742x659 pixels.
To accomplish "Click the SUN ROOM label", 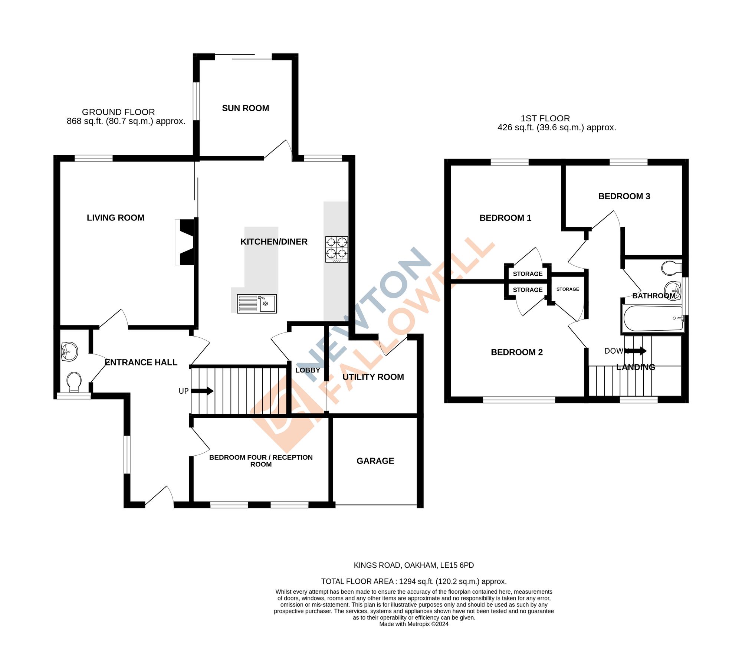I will click(x=245, y=108).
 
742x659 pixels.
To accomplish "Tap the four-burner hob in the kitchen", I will click(x=337, y=249).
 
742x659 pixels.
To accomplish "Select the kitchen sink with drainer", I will click(x=257, y=304).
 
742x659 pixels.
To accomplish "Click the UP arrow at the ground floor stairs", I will click(x=203, y=391).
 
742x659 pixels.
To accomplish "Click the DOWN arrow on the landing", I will click(x=636, y=351).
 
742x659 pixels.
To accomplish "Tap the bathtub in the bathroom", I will click(x=653, y=318).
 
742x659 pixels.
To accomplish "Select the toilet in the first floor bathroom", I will click(x=671, y=268).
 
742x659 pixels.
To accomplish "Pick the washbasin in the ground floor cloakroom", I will click(x=69, y=351).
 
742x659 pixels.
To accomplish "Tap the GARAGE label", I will click(x=375, y=461).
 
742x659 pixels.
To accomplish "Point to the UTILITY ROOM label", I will click(x=373, y=377).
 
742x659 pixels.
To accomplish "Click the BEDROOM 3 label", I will click(x=624, y=196).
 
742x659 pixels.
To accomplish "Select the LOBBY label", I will click(x=308, y=370).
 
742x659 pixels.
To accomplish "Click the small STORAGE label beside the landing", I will click(x=568, y=289).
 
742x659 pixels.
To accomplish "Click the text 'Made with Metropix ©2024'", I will click(x=414, y=624).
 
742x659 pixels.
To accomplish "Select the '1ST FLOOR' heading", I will click(x=545, y=118).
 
